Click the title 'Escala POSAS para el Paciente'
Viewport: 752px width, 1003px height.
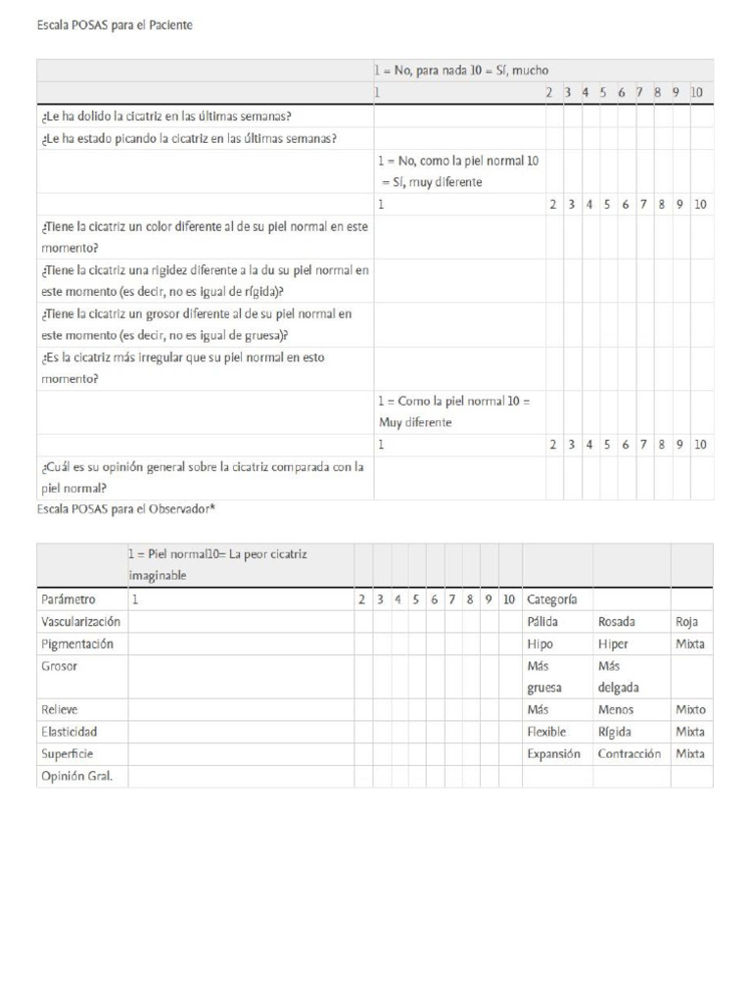115,26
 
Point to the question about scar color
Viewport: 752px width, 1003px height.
205,236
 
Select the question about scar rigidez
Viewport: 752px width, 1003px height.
205,280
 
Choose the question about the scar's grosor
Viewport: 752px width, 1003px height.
197,324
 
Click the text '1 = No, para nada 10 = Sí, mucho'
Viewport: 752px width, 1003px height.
461,71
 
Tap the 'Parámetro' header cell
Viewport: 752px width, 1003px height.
69,598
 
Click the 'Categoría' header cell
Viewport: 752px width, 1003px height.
552,598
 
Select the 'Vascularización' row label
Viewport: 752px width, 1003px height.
81,621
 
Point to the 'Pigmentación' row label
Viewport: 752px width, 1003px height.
77,644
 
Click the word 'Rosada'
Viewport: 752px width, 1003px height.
616,621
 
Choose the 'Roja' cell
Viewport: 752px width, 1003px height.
687,621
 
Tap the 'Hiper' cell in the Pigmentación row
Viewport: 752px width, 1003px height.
613,644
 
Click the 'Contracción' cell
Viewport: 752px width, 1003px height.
630,753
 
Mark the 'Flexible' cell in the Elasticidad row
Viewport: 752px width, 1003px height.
546,732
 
